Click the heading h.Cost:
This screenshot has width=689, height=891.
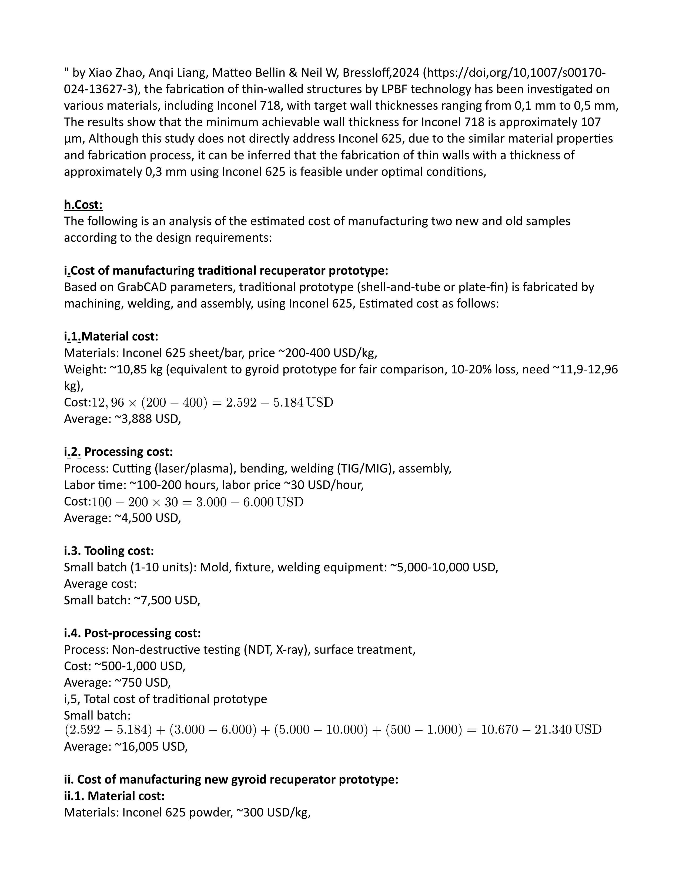83,205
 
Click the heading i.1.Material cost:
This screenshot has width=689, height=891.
111,337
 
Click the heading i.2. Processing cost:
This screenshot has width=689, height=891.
118,452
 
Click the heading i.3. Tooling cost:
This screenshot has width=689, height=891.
109,551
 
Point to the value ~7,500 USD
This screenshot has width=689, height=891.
167,600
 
